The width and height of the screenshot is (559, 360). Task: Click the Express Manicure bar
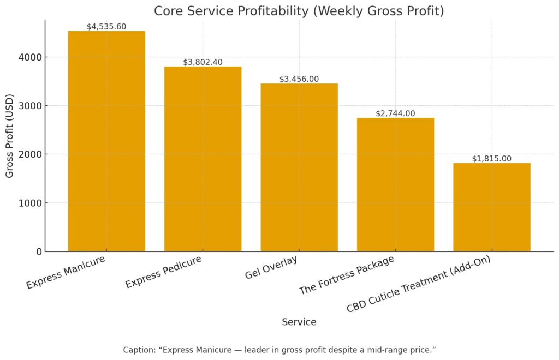106,141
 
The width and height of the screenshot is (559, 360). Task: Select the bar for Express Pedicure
203,159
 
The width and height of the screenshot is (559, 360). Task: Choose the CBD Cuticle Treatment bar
491,207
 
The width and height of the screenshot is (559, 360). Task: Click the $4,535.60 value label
106,26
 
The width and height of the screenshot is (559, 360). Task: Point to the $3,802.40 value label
203,62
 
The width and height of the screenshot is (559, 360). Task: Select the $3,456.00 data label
299,79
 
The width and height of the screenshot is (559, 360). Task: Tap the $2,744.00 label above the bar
395,113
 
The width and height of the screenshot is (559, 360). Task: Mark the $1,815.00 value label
491,159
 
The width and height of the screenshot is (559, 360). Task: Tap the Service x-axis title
299,322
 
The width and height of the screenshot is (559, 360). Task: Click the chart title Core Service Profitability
299,11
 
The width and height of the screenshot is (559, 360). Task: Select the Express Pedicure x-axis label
164,272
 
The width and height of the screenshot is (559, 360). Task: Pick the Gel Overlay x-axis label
272,267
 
